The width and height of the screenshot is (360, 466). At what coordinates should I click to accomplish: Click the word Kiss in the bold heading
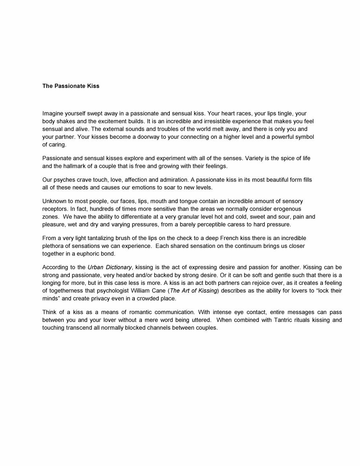(x=93, y=86)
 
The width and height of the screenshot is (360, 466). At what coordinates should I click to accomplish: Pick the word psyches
(x=64, y=180)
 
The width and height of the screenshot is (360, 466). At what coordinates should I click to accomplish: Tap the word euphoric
(x=89, y=254)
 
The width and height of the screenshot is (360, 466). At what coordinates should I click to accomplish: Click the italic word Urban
(x=96, y=268)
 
